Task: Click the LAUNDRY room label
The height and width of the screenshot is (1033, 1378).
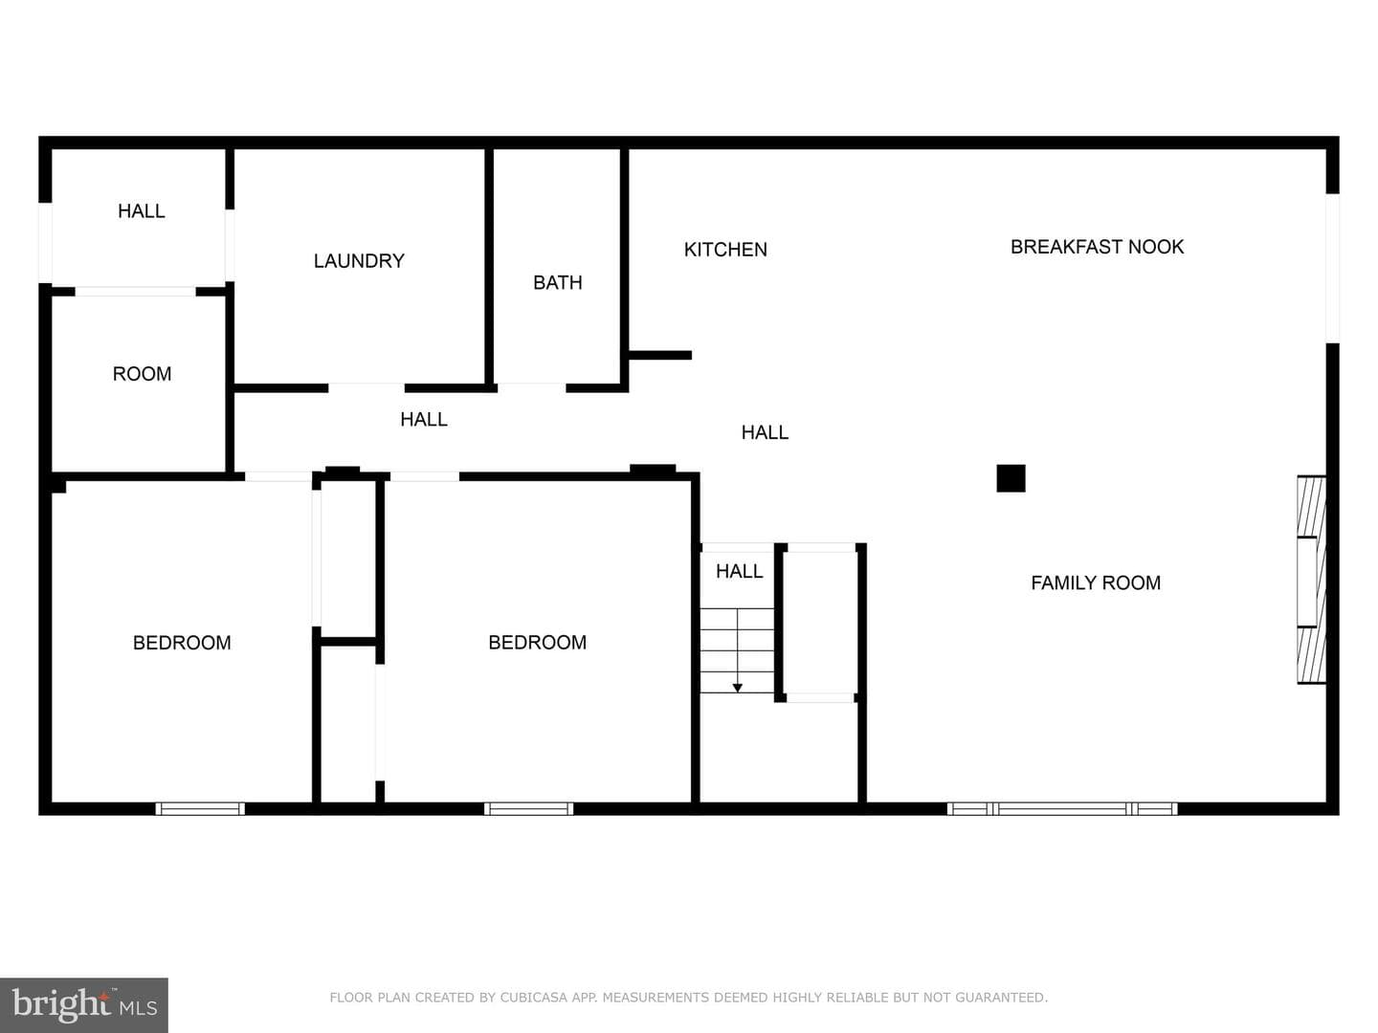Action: click(359, 261)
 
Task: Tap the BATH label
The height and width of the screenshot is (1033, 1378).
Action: click(558, 283)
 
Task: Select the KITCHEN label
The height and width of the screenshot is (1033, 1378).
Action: click(725, 250)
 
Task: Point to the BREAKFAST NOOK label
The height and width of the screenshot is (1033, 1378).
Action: click(1097, 247)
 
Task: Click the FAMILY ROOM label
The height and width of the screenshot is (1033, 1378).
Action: click(1096, 582)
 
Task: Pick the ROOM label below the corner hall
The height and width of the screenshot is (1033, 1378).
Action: click(142, 374)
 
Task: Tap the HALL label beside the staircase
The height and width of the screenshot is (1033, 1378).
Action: click(739, 571)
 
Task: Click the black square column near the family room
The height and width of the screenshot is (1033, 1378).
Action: click(1011, 478)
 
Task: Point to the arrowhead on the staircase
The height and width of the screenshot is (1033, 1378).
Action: click(738, 688)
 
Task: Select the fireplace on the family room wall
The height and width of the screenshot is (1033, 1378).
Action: click(1311, 580)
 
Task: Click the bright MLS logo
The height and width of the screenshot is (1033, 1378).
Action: click(84, 1005)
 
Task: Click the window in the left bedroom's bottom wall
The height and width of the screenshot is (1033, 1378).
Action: click(200, 808)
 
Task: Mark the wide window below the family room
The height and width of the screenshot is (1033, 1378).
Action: click(1062, 808)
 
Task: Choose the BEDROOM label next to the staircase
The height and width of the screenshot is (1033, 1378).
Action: click(538, 642)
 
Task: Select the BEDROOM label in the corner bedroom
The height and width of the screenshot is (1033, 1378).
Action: click(182, 643)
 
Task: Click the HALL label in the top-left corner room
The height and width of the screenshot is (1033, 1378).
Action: click(142, 211)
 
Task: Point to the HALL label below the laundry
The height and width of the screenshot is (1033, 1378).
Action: click(424, 420)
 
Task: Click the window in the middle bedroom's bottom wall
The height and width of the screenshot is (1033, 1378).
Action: click(528, 808)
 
